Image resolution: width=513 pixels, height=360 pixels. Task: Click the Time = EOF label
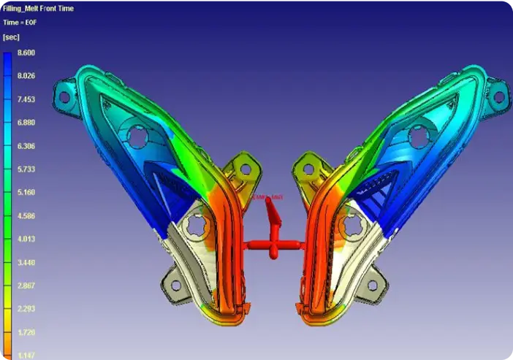pos(20,22)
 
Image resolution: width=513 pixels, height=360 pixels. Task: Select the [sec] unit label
pos(12,36)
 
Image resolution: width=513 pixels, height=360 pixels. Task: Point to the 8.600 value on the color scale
pos(26,53)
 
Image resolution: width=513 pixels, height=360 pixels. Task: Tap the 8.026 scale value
pos(26,76)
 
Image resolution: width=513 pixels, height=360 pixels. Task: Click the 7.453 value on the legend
pos(26,99)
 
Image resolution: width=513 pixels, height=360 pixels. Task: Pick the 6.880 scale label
pos(26,123)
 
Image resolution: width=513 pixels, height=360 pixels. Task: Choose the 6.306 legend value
pos(26,146)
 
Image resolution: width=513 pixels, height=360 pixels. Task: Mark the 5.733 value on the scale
pos(26,169)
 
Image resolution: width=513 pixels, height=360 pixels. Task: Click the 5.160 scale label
pos(26,193)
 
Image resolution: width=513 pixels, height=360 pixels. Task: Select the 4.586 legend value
pos(26,216)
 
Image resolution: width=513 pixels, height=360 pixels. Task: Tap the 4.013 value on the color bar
pos(26,239)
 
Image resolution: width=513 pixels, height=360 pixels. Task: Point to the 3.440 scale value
pos(26,262)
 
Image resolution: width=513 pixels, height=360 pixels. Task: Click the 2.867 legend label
pos(26,286)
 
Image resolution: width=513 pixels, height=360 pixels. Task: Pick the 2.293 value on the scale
pos(26,309)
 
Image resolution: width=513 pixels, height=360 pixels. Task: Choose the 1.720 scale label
pos(26,332)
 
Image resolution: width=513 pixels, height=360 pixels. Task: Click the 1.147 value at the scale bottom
pos(26,355)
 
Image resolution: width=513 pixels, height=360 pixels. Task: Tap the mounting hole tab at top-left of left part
pos(64,96)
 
